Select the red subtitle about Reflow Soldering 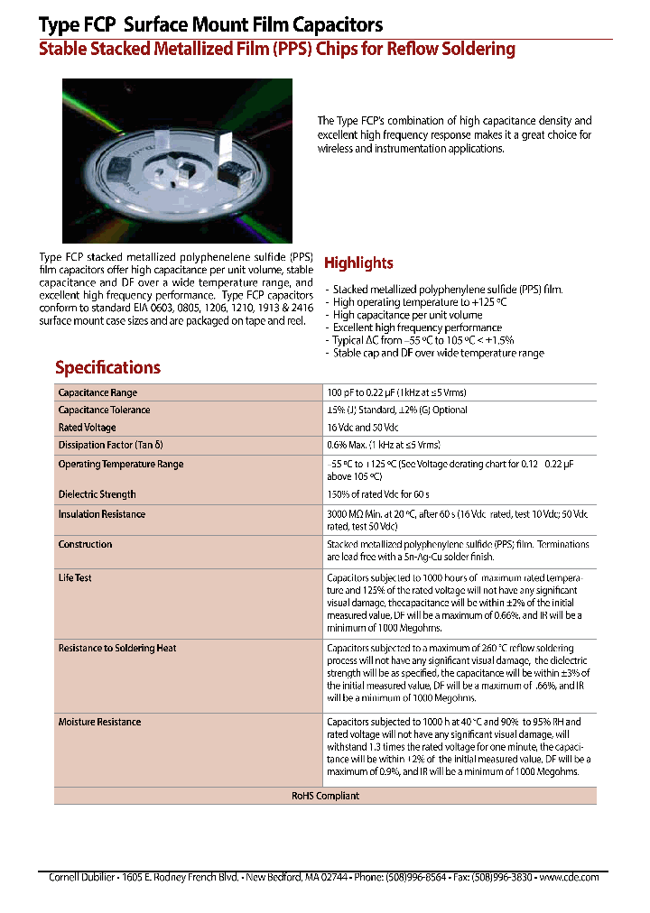pyautogui.click(x=276, y=50)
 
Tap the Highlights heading pyautogui.click(x=358, y=263)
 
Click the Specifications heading pyautogui.click(x=107, y=367)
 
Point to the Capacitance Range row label pyautogui.click(x=97, y=392)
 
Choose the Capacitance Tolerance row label pyautogui.click(x=104, y=410)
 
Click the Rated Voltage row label pyautogui.click(x=87, y=428)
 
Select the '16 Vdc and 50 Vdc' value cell pyautogui.click(x=362, y=428)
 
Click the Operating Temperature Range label pyautogui.click(x=120, y=464)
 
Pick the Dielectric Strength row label pyautogui.click(x=97, y=494)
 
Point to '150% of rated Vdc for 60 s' pyautogui.click(x=377, y=494)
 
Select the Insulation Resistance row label pyautogui.click(x=101, y=514)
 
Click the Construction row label pyautogui.click(x=85, y=544)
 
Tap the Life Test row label pyautogui.click(x=75, y=577)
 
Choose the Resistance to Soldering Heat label pyautogui.click(x=116, y=648)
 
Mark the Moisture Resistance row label pyautogui.click(x=99, y=722)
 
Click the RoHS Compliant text pyautogui.click(x=325, y=796)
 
